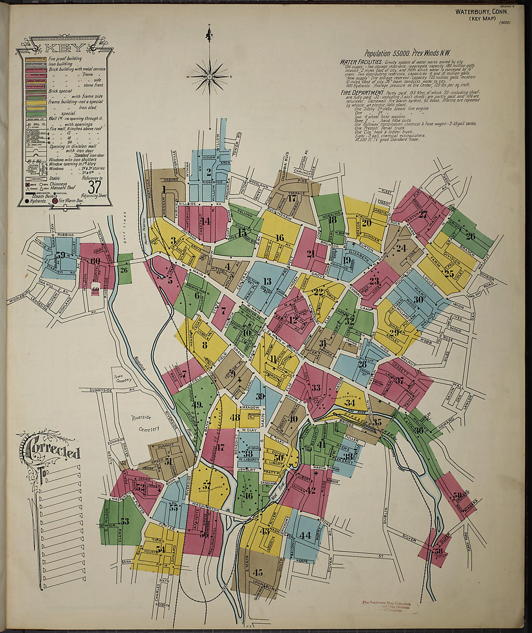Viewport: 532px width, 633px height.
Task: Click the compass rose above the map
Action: click(209, 76)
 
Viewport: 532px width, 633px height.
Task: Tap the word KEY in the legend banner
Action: click(65, 48)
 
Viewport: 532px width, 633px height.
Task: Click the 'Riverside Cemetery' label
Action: click(146, 422)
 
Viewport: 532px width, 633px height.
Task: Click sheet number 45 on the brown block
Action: click(257, 573)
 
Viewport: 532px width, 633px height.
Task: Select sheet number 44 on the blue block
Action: click(305, 535)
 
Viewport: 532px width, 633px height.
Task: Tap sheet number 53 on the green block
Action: click(125, 521)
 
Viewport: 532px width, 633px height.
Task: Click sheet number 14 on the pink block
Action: click(207, 221)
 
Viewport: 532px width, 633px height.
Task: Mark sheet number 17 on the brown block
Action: click(292, 198)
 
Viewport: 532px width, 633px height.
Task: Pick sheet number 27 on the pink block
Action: click(423, 215)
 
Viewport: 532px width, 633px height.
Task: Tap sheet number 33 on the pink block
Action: click(316, 387)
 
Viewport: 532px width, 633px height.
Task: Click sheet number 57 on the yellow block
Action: click(207, 486)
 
